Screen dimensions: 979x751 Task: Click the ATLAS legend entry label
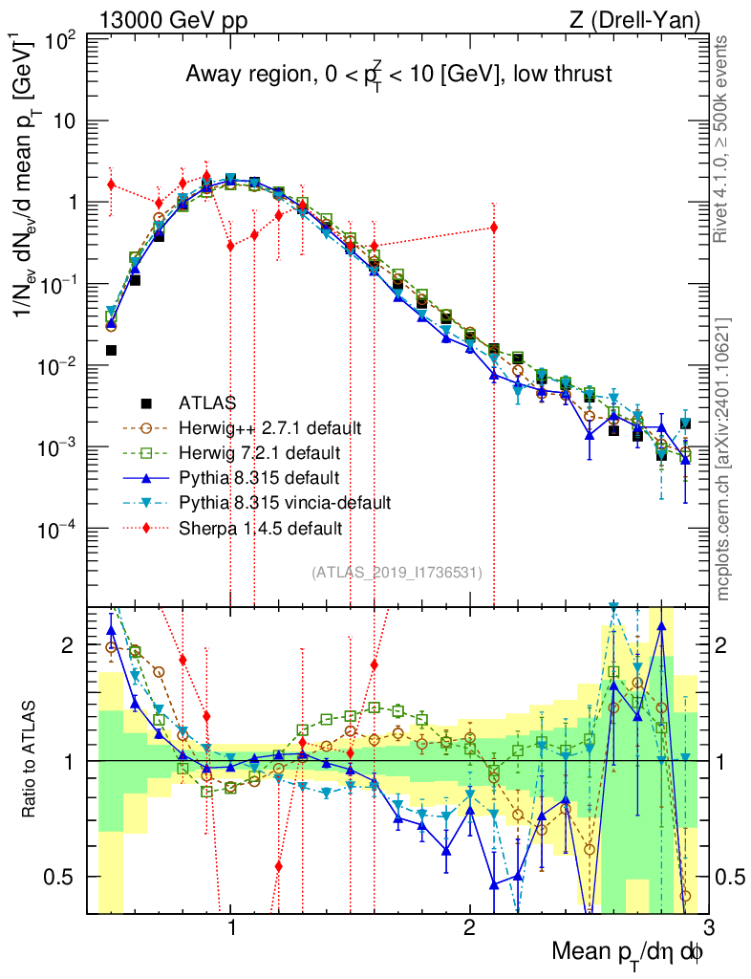[207, 402]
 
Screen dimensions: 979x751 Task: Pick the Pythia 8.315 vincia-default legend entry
[285, 501]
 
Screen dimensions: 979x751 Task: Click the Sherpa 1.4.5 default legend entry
[261, 526]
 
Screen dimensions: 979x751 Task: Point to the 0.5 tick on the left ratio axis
[63, 877]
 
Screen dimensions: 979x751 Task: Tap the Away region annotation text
[397, 75]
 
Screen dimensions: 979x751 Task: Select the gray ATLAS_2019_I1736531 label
[397, 573]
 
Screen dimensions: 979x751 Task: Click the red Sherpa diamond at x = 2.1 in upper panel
[494, 227]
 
